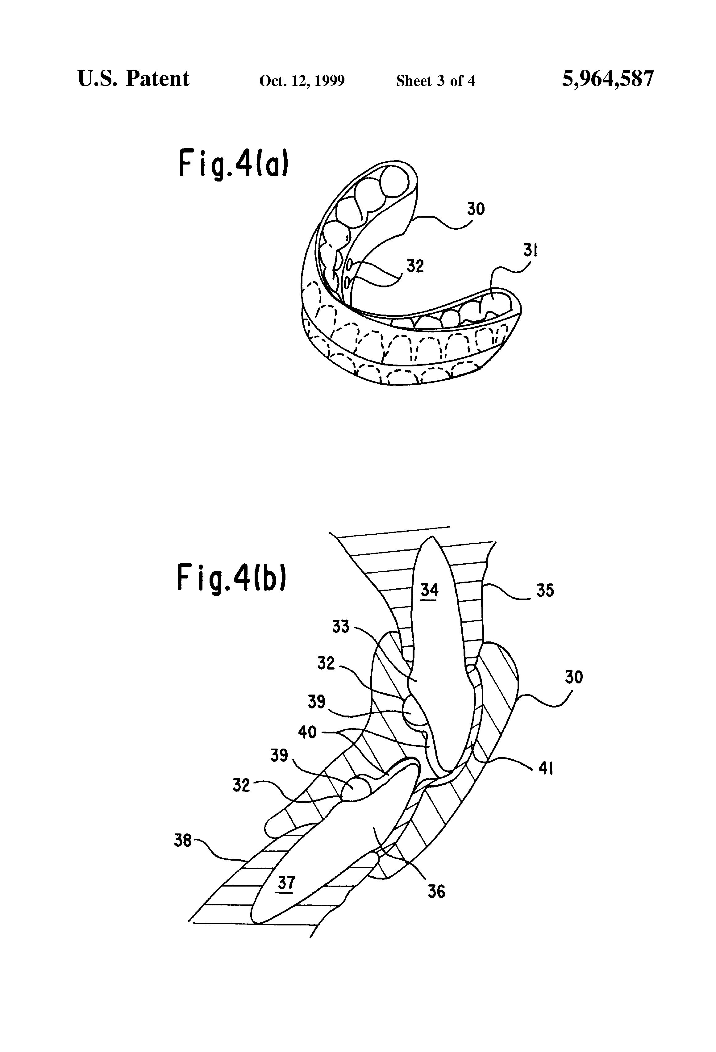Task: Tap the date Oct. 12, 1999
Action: coord(302,81)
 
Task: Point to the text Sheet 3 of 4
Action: coord(435,81)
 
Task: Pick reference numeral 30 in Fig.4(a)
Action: coord(476,209)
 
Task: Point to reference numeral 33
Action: coord(341,627)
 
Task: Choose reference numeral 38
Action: coord(183,841)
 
